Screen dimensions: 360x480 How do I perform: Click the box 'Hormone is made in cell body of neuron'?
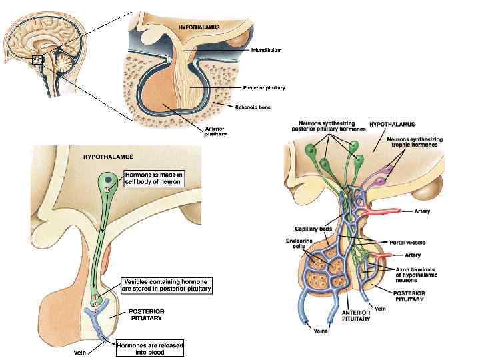154,179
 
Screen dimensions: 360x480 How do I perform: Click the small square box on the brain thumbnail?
37,59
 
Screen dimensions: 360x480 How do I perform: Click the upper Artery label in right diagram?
422,211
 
